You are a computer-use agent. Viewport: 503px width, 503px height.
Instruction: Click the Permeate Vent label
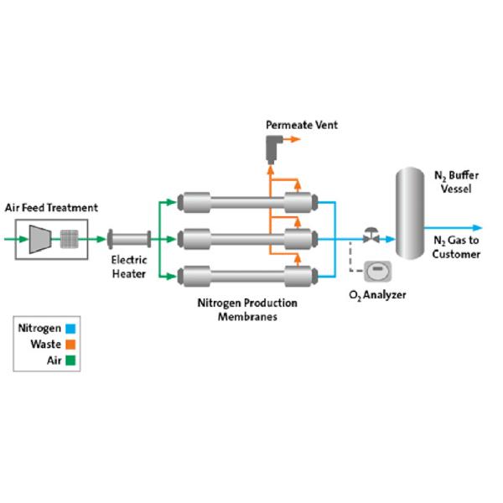click(302, 126)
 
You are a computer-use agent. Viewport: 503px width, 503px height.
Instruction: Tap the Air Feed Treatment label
click(52, 208)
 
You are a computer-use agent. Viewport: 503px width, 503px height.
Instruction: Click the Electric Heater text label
click(129, 267)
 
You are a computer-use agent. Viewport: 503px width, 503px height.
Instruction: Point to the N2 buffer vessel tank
click(410, 213)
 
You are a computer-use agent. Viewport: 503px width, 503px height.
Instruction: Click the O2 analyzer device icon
click(377, 272)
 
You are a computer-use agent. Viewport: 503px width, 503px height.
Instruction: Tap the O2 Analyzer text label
click(377, 295)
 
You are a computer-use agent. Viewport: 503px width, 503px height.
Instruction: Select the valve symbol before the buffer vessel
click(369, 237)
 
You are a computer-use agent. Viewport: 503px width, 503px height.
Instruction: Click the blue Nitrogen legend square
click(70, 329)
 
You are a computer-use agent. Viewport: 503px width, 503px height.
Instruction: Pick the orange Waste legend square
click(70, 345)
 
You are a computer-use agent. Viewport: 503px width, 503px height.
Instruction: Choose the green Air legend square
click(70, 360)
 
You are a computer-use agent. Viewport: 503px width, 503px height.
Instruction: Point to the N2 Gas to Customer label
click(456, 247)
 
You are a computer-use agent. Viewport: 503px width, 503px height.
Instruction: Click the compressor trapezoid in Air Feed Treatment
click(39, 239)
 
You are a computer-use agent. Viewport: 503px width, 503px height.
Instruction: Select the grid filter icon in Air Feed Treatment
click(69, 239)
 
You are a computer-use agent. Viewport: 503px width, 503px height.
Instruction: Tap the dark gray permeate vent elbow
click(272, 150)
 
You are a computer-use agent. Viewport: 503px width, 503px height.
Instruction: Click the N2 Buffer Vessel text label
click(456, 182)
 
